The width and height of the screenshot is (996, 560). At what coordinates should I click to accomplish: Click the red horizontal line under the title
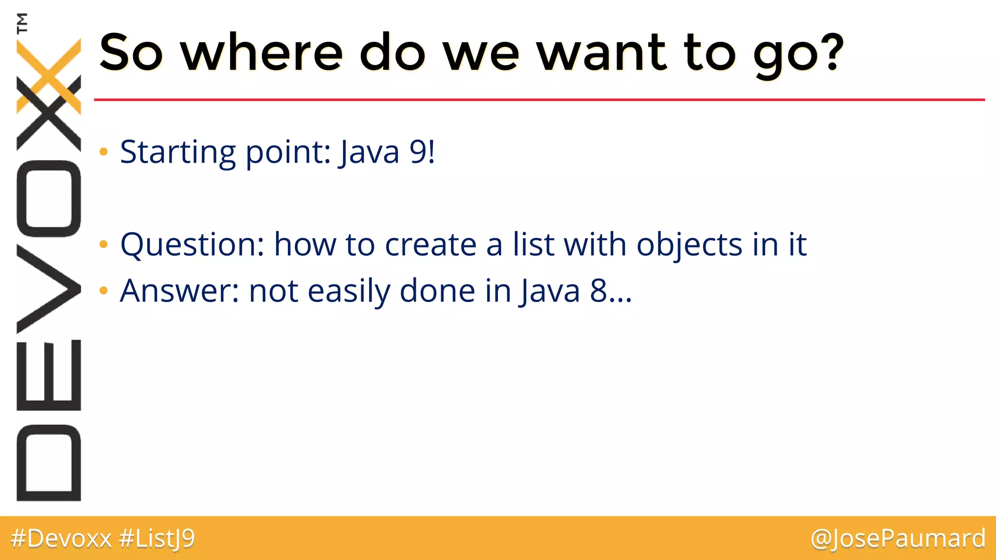(x=535, y=100)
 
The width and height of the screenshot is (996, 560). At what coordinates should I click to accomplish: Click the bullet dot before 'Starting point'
(x=103, y=152)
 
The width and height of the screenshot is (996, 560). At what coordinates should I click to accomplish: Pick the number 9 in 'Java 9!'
(x=417, y=152)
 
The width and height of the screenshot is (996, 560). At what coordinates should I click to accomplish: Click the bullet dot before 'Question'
(x=103, y=244)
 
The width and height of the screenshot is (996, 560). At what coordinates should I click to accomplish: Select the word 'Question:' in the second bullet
(x=192, y=245)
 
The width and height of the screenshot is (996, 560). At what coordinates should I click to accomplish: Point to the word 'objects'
(x=689, y=245)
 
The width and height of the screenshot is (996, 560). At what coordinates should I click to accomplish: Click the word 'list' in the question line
(x=533, y=244)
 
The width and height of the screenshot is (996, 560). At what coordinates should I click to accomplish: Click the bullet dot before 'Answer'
(x=103, y=291)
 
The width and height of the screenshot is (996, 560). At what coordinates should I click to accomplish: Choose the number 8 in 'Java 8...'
(x=598, y=291)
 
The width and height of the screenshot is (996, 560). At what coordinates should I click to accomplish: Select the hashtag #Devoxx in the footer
(x=61, y=539)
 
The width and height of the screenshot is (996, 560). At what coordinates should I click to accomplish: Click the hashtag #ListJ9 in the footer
(x=157, y=539)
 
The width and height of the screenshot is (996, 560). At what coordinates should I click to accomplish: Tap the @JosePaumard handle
(x=898, y=539)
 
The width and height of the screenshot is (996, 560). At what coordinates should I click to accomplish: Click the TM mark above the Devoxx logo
(x=21, y=23)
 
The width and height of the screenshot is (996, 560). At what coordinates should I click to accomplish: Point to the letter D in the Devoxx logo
(x=49, y=463)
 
